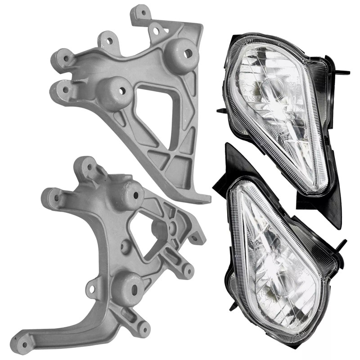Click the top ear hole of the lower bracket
[x=88, y=166]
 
